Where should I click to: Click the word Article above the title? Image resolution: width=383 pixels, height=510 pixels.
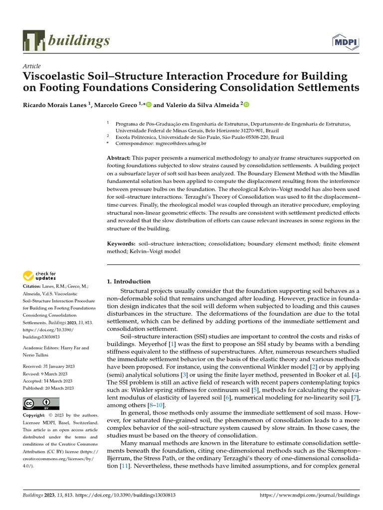32,66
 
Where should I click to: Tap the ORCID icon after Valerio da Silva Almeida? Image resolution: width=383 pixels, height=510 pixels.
245,105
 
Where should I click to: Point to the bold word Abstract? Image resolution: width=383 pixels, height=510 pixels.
120,158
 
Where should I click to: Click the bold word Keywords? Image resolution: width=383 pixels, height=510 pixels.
122,244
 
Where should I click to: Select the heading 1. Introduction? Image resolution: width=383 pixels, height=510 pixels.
129,281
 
